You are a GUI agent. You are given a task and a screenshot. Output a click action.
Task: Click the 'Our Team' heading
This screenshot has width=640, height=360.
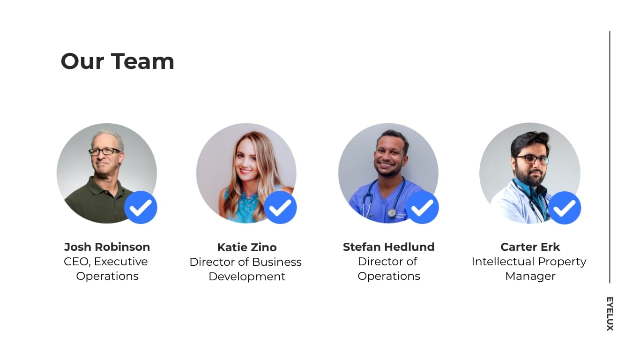117,61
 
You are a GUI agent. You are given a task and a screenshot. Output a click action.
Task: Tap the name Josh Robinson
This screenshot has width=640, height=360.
107,247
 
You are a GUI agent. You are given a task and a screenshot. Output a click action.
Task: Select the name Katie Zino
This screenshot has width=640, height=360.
247,247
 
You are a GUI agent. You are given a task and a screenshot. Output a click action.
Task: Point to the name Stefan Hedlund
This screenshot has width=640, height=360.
388,247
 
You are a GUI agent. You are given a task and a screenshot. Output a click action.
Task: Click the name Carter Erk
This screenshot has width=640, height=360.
530,247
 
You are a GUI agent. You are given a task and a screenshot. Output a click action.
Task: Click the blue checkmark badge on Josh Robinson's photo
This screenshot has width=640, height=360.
141,207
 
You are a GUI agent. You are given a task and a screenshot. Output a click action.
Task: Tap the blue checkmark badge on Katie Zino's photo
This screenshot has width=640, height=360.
280,207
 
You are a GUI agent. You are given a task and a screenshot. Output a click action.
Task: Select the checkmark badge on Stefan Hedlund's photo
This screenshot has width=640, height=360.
422,207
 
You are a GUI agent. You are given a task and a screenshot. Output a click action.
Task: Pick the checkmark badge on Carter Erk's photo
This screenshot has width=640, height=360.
564,208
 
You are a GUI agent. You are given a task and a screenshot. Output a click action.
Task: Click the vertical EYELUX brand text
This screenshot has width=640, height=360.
610,314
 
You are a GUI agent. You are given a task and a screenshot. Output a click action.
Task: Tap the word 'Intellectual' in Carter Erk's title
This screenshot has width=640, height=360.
499,262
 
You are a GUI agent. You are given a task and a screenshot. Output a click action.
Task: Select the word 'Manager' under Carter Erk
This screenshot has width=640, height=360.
530,276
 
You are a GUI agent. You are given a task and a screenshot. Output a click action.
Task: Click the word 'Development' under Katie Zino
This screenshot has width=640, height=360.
247,277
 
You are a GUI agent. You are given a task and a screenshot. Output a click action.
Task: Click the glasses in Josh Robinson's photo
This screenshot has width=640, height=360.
104,151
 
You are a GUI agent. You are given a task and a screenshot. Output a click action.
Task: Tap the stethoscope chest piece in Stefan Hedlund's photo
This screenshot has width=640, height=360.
392,213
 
